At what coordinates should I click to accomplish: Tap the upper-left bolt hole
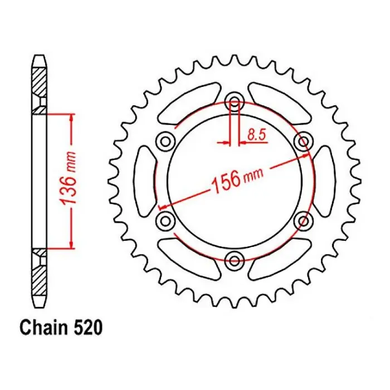(x=165, y=140)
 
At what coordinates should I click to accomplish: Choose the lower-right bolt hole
(x=303, y=221)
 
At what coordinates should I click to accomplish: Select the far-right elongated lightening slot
(x=325, y=180)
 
